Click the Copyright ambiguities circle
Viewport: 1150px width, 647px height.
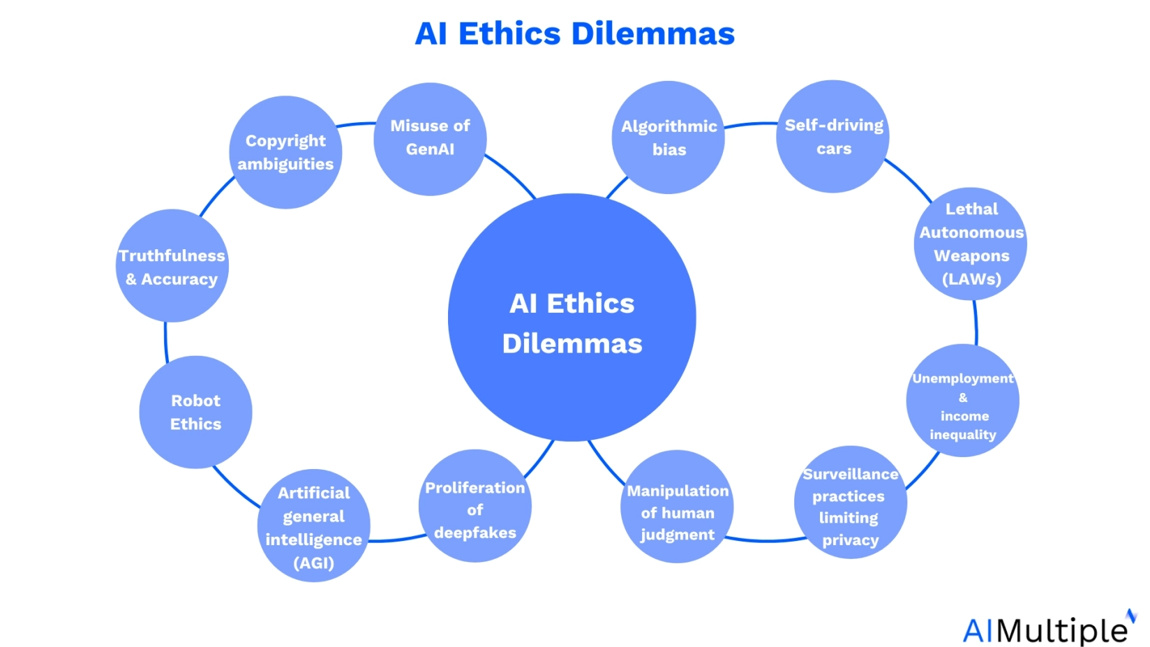coord(285,152)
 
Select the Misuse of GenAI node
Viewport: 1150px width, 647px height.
coord(430,138)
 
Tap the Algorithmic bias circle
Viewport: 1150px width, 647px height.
coord(669,137)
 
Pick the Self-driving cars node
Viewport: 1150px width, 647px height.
coord(833,137)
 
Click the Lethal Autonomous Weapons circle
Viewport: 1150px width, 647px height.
coord(971,244)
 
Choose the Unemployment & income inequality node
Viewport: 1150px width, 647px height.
coord(962,401)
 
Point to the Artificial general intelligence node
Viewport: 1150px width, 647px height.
coord(313,526)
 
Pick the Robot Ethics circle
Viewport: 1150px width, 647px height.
coord(195,412)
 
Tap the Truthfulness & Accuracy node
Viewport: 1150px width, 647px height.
coord(172,266)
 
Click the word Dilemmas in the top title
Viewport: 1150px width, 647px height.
coord(653,34)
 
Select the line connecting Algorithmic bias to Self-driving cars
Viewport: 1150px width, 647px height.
coord(750,124)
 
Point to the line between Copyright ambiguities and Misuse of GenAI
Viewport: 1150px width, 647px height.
coord(356,124)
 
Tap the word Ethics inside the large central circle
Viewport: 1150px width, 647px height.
coord(590,304)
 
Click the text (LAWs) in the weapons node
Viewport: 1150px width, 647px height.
coord(971,279)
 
